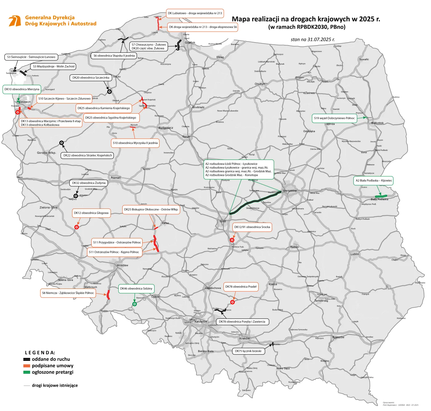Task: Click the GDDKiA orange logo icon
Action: point(14,21)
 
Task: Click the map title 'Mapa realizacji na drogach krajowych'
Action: point(306,19)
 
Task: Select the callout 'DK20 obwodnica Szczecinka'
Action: point(91,78)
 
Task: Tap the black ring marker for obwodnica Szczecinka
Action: point(109,91)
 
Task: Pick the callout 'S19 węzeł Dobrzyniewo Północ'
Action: point(334,118)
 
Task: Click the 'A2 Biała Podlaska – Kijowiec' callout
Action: point(374,181)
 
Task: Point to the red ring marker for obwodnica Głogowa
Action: point(77,227)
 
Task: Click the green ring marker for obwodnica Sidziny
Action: point(135,304)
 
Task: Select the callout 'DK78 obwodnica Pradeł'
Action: point(241,287)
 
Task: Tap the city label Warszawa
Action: point(289,191)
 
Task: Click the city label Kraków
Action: point(245,338)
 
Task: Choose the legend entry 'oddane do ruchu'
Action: point(51,359)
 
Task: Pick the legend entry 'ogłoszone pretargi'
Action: point(52,372)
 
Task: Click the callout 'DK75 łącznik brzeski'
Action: point(248,351)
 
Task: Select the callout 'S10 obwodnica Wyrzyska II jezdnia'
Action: point(135,143)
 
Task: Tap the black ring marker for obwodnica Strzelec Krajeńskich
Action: point(62,143)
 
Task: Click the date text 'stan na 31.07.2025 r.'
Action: point(312,39)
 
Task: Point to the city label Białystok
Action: point(377,123)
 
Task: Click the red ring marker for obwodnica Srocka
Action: point(232,240)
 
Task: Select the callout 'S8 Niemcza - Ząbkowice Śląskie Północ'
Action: point(68,293)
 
